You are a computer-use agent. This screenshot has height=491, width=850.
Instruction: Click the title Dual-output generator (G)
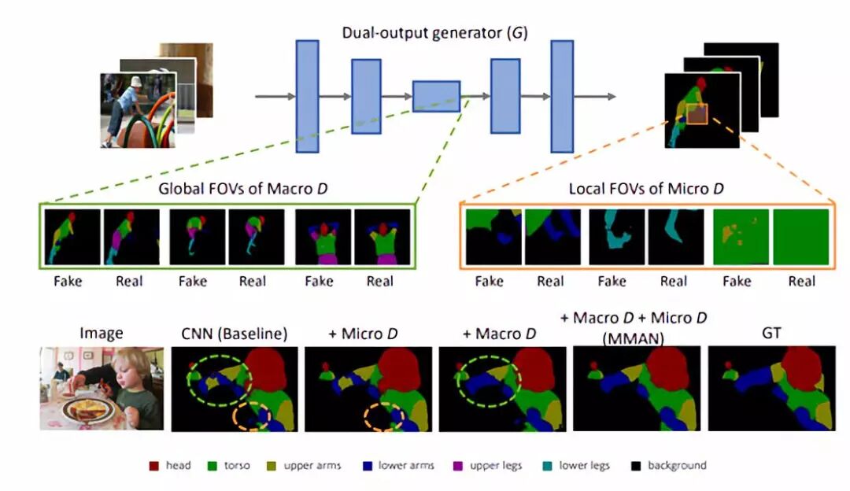pyautogui.click(x=434, y=33)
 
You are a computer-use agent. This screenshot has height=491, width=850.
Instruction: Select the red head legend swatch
pyautogui.click(x=154, y=466)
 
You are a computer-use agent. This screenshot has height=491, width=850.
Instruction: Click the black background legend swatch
pyautogui.click(x=636, y=466)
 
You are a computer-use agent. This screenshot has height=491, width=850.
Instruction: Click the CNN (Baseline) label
pyautogui.click(x=230, y=334)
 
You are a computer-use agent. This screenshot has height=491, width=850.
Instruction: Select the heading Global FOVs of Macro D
pyautogui.click(x=227, y=189)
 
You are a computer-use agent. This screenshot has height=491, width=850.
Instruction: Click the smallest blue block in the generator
pyautogui.click(x=436, y=95)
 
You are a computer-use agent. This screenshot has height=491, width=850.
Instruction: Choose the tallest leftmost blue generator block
pyautogui.click(x=307, y=95)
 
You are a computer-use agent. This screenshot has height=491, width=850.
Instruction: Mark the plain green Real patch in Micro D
pyautogui.click(x=801, y=236)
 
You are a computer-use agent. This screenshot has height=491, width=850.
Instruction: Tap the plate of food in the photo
pyautogui.click(x=88, y=410)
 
